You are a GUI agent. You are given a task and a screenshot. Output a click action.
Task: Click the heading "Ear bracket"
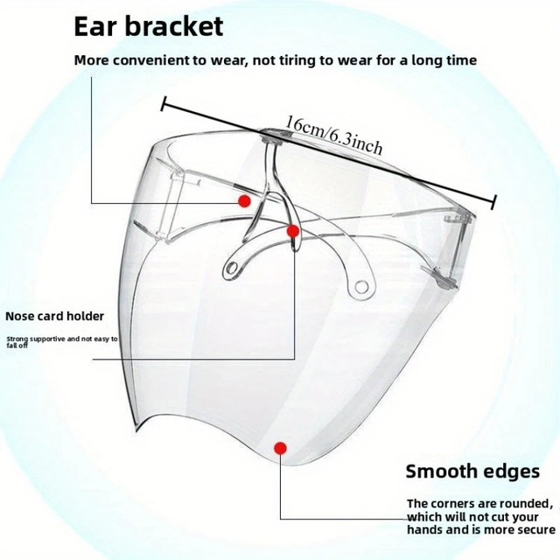149,25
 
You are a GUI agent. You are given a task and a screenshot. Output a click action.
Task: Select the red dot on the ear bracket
244,201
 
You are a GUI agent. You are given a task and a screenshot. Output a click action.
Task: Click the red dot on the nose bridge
294,231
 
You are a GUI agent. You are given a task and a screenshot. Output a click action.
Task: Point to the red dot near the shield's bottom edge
280,448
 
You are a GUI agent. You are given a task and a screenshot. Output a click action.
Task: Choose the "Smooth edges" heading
472,472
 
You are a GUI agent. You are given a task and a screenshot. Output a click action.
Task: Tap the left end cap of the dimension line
163,102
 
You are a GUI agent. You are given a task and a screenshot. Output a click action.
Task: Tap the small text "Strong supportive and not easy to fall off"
60,340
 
